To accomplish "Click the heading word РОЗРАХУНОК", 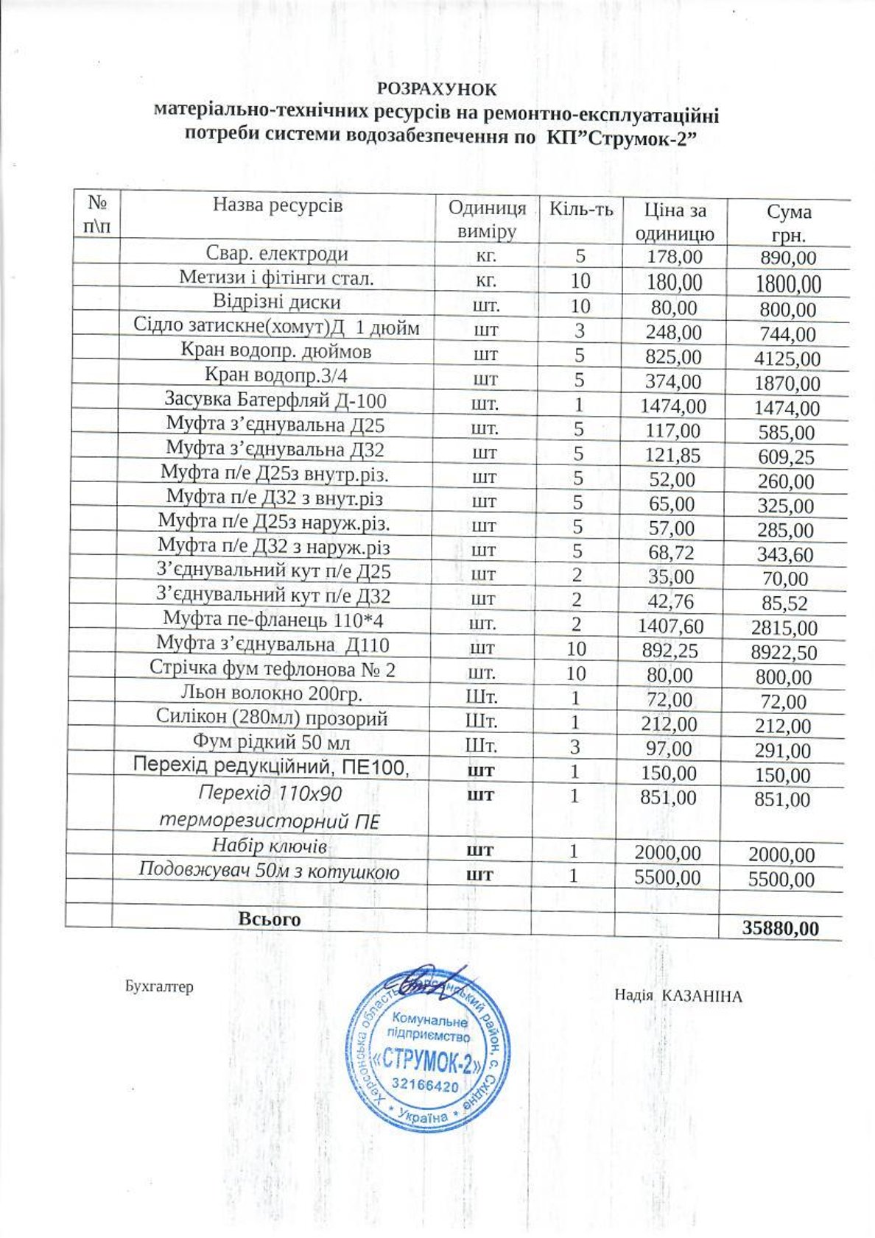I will [437, 89].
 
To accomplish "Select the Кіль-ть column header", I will [581, 209].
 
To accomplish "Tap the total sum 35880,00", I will [780, 928].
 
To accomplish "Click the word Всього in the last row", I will [269, 919].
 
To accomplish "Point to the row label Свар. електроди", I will [277, 254].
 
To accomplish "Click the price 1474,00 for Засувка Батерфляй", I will [673, 406].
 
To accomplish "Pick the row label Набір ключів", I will [270, 844].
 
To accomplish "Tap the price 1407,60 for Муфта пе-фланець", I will [672, 626].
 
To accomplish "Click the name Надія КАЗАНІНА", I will [678, 996].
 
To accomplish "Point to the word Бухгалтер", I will [159, 986].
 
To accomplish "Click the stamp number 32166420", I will [425, 1086].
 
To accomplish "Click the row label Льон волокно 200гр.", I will [272, 693].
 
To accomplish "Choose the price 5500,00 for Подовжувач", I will [670, 877].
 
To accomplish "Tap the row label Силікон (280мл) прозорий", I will [272, 718].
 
